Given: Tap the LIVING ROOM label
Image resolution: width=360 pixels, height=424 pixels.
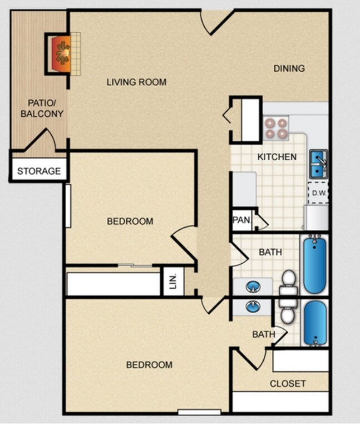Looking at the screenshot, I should (x=136, y=82).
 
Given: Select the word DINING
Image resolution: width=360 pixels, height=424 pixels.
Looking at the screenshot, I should (x=289, y=68).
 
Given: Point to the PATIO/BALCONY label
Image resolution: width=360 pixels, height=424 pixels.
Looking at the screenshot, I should (x=42, y=108).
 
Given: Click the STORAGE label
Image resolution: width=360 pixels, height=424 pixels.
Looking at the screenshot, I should (x=38, y=171).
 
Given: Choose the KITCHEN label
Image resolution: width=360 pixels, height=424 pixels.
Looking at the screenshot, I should (x=277, y=157).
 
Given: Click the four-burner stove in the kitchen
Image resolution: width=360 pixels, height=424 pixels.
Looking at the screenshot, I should (x=275, y=128).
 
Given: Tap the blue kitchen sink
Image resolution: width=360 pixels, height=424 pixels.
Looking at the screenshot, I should (x=318, y=164).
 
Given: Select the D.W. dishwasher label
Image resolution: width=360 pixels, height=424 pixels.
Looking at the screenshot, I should (x=319, y=194).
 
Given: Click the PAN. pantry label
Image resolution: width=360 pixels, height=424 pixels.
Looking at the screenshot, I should (x=241, y=220).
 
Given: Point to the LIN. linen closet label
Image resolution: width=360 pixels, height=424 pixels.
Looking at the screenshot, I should (x=172, y=282).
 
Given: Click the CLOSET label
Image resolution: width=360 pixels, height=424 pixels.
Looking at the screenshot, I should (x=288, y=383).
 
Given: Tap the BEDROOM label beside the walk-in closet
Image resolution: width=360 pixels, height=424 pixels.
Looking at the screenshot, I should (x=149, y=365).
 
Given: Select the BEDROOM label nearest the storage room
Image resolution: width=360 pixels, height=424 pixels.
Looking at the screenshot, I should (x=130, y=221).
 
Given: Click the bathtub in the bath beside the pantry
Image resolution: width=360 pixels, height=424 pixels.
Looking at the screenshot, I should (x=315, y=264).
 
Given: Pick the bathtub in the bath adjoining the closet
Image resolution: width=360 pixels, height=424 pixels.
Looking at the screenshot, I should (x=315, y=323).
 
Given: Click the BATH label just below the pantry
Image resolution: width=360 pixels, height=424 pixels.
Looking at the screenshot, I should (x=270, y=252).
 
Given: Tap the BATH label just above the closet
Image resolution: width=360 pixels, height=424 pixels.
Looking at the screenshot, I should (x=263, y=334).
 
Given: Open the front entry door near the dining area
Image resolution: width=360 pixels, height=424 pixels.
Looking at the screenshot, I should (x=217, y=22).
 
